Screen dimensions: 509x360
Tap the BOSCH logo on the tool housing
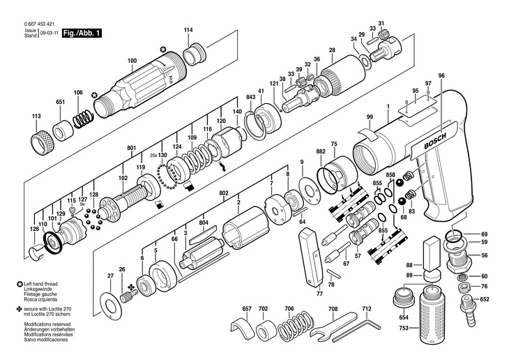pos(435,141)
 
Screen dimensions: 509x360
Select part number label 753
pos(404,328)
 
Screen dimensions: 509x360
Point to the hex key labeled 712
pos(357,331)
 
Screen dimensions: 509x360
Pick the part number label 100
pos(132,61)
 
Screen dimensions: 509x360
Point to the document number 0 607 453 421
pos(39,24)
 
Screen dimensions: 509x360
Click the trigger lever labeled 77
pos(310,257)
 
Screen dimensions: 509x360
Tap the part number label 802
pos(224,193)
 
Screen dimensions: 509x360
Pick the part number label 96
pos(441,76)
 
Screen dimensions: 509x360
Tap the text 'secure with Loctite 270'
pos(47,308)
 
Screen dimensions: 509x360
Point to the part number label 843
pos(250,97)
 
